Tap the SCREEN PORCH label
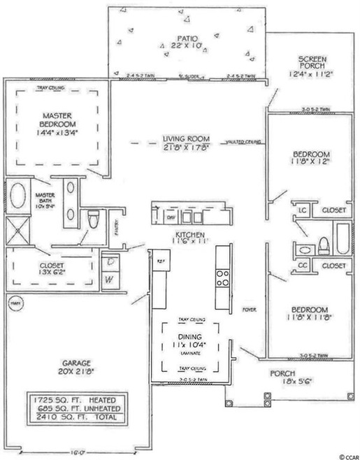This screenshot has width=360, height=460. (x=308, y=66)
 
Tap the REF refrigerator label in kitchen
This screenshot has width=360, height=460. (x=159, y=260)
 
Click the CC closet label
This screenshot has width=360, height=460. (x=303, y=266)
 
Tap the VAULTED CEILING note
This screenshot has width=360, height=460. (x=243, y=142)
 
